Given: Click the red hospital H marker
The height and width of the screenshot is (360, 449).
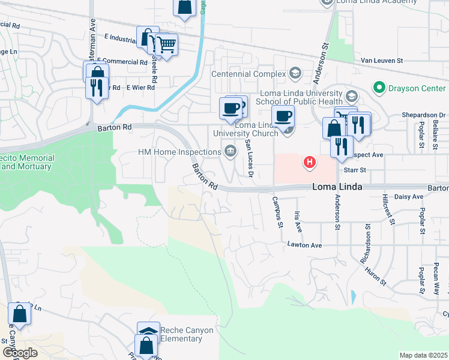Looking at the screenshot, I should (310, 161).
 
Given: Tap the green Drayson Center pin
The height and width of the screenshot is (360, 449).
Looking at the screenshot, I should (379, 88).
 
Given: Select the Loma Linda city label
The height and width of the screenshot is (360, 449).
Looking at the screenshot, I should (337, 187).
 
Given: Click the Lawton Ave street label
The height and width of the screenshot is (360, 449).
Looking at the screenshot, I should (304, 245).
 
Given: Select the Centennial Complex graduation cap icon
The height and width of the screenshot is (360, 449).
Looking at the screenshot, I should (294, 74).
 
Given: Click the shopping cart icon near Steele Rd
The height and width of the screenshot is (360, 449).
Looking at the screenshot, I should (166, 44).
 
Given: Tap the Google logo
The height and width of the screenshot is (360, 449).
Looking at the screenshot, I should (20, 353).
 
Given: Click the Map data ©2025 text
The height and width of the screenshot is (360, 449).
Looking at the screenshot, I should (423, 355).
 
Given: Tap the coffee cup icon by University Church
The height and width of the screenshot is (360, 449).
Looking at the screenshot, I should (283, 115).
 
